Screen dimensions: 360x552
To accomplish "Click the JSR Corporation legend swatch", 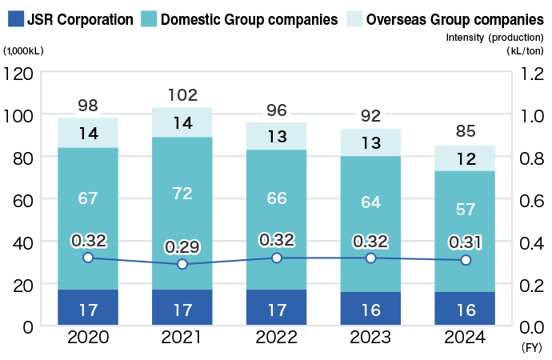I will [14, 18].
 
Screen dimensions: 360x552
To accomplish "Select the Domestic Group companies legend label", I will [249, 18].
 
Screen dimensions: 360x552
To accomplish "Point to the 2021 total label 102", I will [182, 95].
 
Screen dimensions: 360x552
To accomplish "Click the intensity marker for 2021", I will [182, 264].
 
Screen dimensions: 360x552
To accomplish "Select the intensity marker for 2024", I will [465, 260].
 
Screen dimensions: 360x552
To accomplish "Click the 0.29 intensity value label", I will [182, 246].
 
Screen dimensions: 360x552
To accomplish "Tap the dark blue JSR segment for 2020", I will [88, 307].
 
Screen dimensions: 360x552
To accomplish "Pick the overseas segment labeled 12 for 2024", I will [465, 158].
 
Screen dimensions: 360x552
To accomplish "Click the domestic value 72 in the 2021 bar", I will [182, 193].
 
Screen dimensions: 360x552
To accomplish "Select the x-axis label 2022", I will [276, 338].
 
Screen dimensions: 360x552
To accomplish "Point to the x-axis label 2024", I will [465, 338].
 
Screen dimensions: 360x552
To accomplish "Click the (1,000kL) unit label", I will [24, 50].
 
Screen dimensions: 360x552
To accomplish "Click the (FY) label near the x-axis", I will [531, 349].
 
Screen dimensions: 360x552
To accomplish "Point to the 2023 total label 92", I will [370, 116].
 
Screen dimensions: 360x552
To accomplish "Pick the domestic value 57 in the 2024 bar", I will [465, 210].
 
